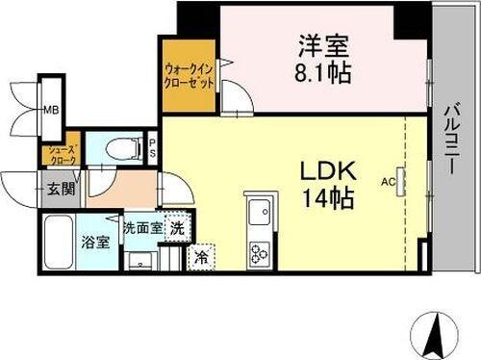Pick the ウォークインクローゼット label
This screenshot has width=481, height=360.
[x=188, y=76]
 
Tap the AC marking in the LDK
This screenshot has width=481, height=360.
[x=389, y=181]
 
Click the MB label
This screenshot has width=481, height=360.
[x=49, y=109]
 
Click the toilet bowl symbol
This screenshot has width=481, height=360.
[x=117, y=148]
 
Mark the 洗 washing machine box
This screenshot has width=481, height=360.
[x=177, y=228]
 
